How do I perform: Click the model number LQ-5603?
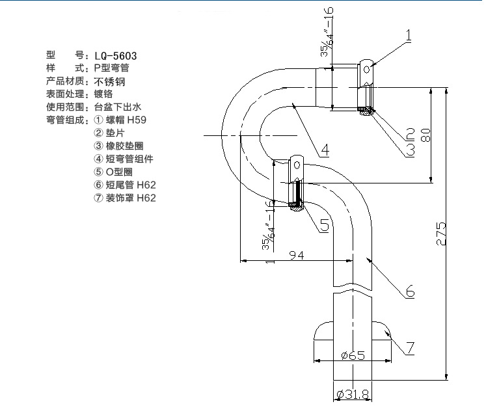pyautogui.click(x=115, y=56)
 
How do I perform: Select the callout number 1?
pyautogui.click(x=409, y=36)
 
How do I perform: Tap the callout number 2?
pyautogui.click(x=409, y=135)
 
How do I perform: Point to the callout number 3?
pyautogui.click(x=409, y=150)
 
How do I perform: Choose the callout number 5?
pyautogui.click(x=323, y=225)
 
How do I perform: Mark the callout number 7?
pyautogui.click(x=409, y=348)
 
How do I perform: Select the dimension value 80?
pyautogui.click(x=426, y=135)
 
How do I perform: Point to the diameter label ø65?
pyautogui.click(x=352, y=355)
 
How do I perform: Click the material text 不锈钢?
pyautogui.click(x=109, y=81)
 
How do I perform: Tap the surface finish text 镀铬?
pyautogui.click(x=104, y=94)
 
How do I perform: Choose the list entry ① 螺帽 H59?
pyautogui.click(x=120, y=120)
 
